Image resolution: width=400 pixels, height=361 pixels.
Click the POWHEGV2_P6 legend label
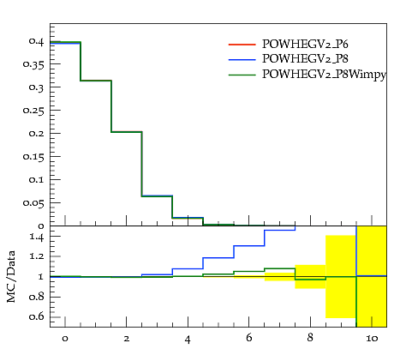click(x=305, y=44)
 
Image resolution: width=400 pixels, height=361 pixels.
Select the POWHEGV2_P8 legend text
click(x=305, y=58)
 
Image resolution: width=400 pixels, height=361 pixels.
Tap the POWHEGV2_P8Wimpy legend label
click(x=324, y=75)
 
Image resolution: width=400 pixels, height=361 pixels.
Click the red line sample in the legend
click(x=242, y=45)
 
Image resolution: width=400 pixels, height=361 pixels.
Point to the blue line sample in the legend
click(x=242, y=59)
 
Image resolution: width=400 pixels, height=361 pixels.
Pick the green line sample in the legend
click(x=242, y=75)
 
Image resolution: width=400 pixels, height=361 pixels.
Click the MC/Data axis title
click(x=11, y=276)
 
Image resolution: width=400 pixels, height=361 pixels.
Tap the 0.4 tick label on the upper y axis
click(x=36, y=41)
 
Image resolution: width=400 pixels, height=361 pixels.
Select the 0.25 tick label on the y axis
click(x=33, y=111)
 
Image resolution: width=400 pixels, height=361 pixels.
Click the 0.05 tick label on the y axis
click(x=33, y=203)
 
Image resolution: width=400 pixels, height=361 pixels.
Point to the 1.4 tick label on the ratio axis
click(x=37, y=237)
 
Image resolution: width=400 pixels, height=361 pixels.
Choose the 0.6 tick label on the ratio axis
click(x=36, y=316)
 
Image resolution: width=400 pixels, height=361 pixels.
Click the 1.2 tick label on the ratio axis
click(x=37, y=256)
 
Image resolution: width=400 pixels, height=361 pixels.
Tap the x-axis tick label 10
click(x=372, y=339)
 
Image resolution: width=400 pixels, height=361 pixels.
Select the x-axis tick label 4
click(x=188, y=339)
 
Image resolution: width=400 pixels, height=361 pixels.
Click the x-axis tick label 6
click(x=249, y=338)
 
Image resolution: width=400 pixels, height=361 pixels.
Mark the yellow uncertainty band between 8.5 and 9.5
click(x=341, y=276)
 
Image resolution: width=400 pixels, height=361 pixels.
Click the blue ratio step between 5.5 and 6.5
click(x=249, y=246)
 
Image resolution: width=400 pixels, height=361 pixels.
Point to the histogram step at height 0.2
click(x=127, y=132)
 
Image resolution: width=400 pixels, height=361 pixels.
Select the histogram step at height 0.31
click(x=96, y=81)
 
